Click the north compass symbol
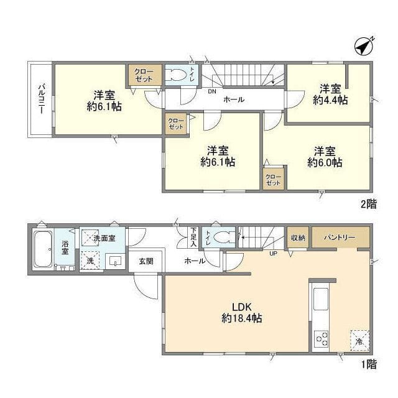pyautogui.click(x=363, y=47)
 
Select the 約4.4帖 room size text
pyautogui.click(x=330, y=100)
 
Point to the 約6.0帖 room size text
pyautogui.click(x=325, y=162)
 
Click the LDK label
pyautogui.click(x=242, y=307)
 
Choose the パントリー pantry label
pyautogui.click(x=340, y=238)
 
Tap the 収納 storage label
pyautogui.click(x=298, y=238)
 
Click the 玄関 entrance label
pyautogui.click(x=146, y=261)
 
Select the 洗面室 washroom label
pyautogui.click(x=104, y=238)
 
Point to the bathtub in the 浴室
pyautogui.click(x=43, y=249)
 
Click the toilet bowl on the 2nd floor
pyautogui.click(x=176, y=75)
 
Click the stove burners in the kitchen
pyautogui.click(x=321, y=339)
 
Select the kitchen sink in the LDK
pyautogui.click(x=321, y=299)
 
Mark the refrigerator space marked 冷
pyautogui.click(x=359, y=341)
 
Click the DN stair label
pyautogui.click(x=212, y=91)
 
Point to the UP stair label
pyautogui.click(x=273, y=253)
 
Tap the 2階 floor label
pyautogui.click(x=369, y=204)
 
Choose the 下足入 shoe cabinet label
pyautogui.click(x=193, y=238)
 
